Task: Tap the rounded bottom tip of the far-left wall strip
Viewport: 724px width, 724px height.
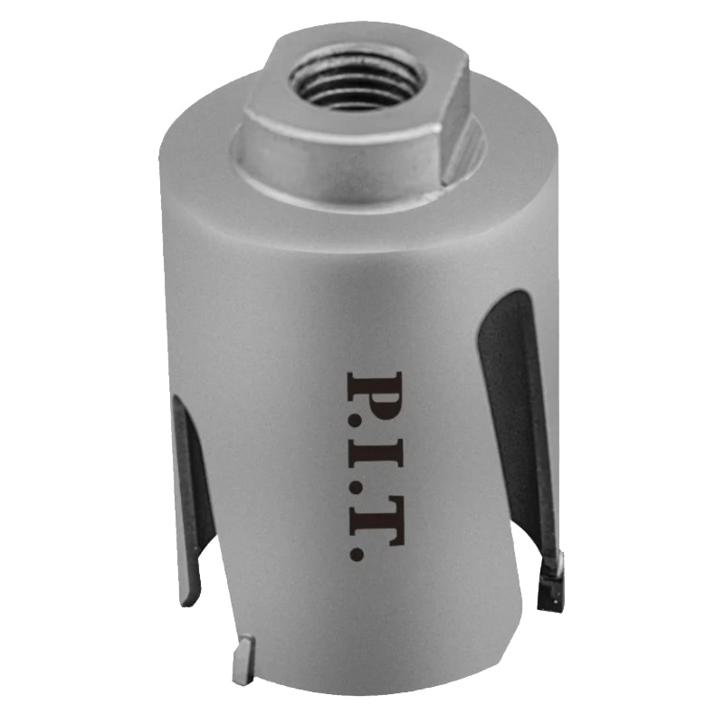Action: click(x=186, y=598)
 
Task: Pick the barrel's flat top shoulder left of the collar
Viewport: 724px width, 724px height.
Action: click(x=195, y=145)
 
